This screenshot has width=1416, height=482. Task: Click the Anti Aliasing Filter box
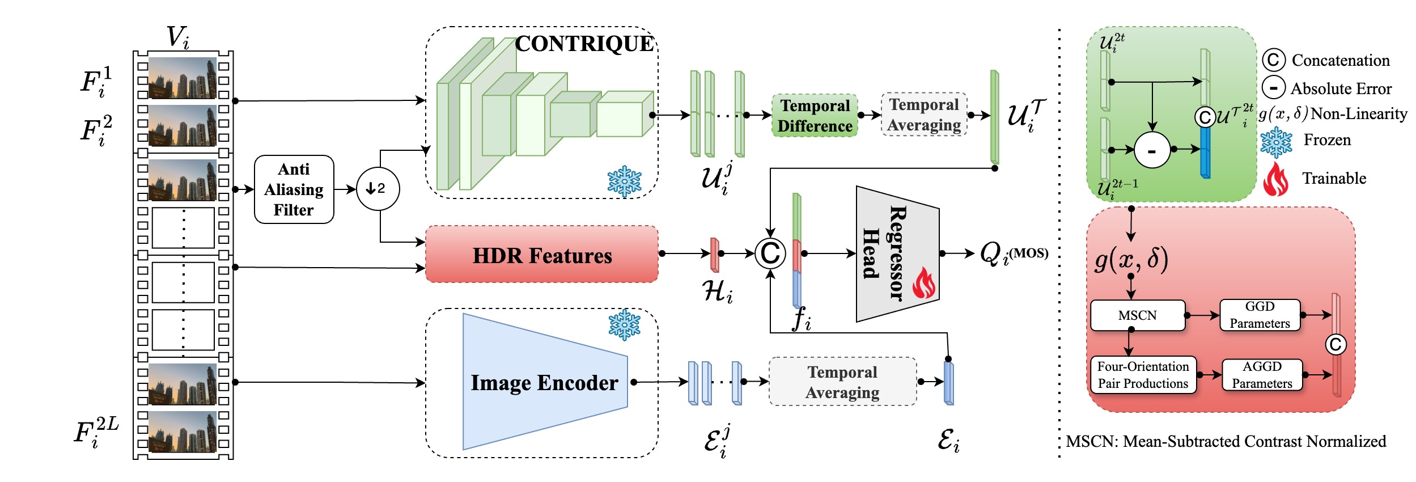(x=294, y=189)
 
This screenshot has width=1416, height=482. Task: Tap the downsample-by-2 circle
(x=378, y=189)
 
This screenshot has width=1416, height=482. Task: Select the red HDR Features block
(x=541, y=255)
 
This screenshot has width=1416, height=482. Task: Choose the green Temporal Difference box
(x=815, y=116)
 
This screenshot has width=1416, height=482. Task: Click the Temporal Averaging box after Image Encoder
(x=842, y=382)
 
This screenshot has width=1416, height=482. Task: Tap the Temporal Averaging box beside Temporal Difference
(x=924, y=115)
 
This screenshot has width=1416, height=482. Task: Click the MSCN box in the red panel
(x=1137, y=315)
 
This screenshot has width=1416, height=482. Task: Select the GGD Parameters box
(x=1260, y=315)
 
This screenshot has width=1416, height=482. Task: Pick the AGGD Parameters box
(x=1262, y=375)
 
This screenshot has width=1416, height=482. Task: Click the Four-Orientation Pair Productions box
(x=1143, y=375)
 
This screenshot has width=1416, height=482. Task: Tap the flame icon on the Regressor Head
(x=924, y=283)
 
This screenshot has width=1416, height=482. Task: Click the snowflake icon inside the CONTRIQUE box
(x=624, y=181)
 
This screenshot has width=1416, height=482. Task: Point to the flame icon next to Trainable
(x=1275, y=179)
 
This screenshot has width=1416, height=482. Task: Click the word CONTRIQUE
(x=584, y=44)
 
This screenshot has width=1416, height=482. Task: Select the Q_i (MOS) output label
(x=1014, y=253)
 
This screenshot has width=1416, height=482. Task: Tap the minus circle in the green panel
(x=1152, y=150)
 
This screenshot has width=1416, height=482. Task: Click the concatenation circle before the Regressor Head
(x=770, y=253)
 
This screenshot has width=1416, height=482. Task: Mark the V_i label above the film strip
(x=177, y=37)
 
